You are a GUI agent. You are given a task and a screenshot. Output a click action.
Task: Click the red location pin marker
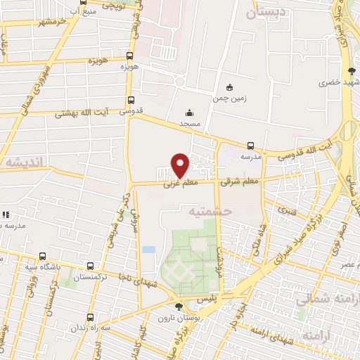[180, 165]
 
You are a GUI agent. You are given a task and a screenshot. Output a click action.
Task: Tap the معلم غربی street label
[178, 184]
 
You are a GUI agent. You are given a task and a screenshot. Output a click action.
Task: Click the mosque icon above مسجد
[188, 113]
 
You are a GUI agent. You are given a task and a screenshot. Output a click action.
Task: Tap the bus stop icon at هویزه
[129, 56]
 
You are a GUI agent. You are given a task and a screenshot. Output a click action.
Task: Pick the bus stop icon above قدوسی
[131, 101]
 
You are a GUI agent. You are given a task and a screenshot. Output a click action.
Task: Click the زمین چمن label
[229, 98]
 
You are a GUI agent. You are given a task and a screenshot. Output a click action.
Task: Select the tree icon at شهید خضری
[352, 71]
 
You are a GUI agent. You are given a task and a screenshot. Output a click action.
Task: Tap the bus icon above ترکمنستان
[89, 266]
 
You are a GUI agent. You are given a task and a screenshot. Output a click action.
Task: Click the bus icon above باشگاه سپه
[43, 257]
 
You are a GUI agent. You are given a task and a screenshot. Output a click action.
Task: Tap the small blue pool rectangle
[148, 249]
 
